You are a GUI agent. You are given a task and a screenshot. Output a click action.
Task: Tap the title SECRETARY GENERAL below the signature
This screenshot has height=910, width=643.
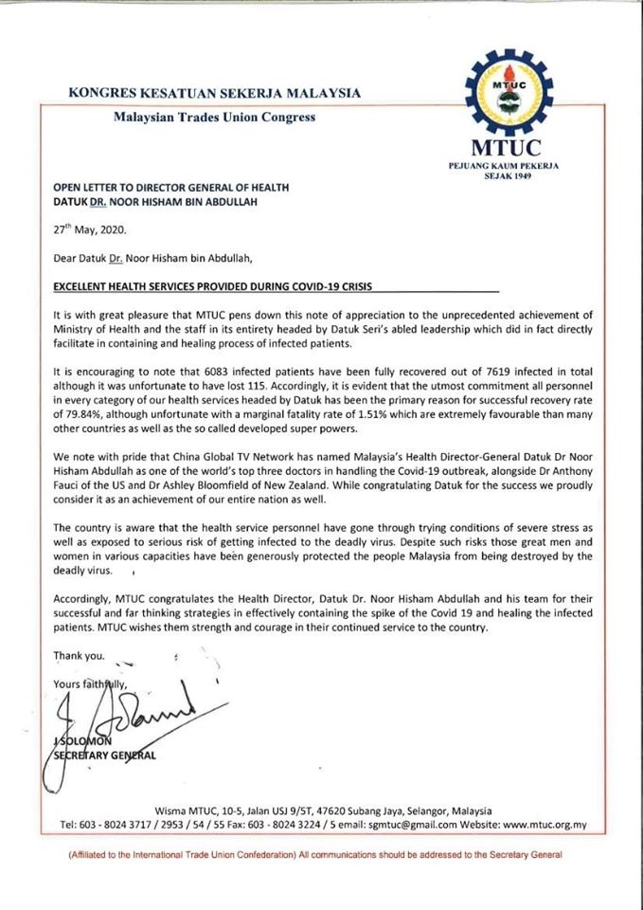(99, 755)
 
